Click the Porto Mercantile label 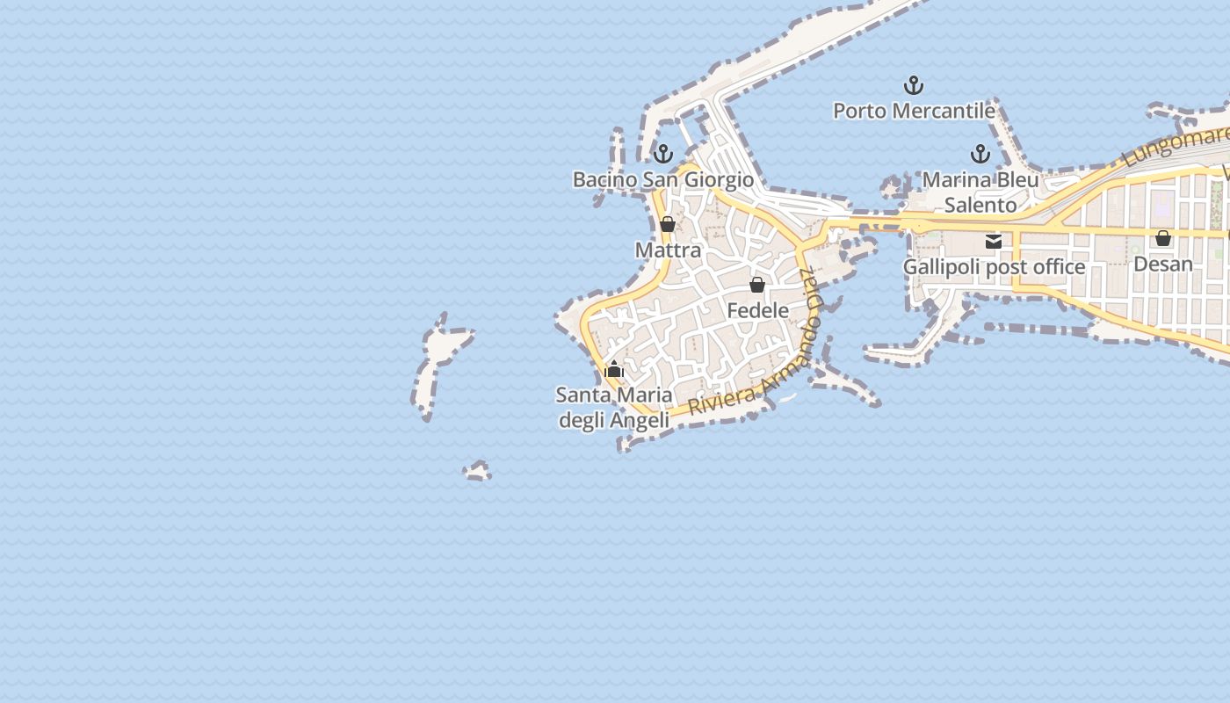(x=914, y=111)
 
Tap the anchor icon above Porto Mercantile (x=914, y=85)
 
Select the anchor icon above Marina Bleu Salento (x=980, y=155)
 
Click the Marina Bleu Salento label (x=980, y=192)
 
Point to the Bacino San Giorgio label (x=663, y=179)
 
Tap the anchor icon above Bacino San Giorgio (x=663, y=154)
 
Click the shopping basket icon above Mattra (x=668, y=224)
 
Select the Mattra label (x=668, y=250)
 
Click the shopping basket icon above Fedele (x=757, y=285)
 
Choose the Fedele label (x=757, y=310)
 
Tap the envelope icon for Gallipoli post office (x=994, y=242)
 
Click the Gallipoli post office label (x=994, y=266)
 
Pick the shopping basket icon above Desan (x=1163, y=238)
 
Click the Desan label (x=1163, y=264)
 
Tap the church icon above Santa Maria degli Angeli (x=614, y=369)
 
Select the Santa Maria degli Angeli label (x=614, y=408)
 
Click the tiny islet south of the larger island (x=478, y=472)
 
